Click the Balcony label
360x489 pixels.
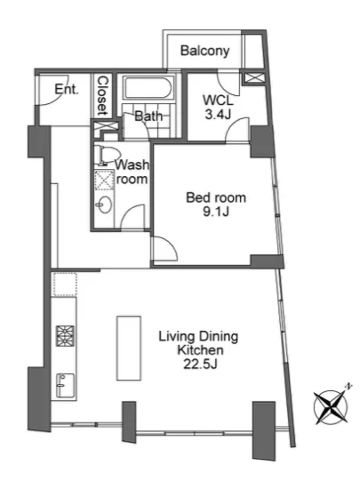pyautogui.click(x=204, y=51)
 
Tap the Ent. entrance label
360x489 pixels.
pyautogui.click(x=67, y=90)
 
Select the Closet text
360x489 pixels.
pyautogui.click(x=102, y=95)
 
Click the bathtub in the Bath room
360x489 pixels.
pyautogui.click(x=148, y=88)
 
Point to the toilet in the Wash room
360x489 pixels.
pyautogui.click(x=108, y=155)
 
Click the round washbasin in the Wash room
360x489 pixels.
pyautogui.click(x=104, y=204)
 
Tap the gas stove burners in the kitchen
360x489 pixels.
pyautogui.click(x=65, y=336)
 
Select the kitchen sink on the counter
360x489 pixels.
pyautogui.click(x=65, y=386)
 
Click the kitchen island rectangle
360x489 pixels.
pyautogui.click(x=129, y=348)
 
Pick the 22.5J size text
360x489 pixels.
pyautogui.click(x=200, y=364)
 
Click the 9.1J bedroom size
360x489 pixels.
pyautogui.click(x=216, y=212)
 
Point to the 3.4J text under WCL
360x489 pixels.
pyautogui.click(x=218, y=115)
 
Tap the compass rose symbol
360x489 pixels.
pyautogui.click(x=331, y=406)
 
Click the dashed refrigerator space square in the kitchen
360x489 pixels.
pyautogui.click(x=65, y=285)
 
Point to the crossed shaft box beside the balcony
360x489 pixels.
pyautogui.click(x=253, y=78)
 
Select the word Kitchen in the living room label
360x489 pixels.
pyautogui.click(x=200, y=350)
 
